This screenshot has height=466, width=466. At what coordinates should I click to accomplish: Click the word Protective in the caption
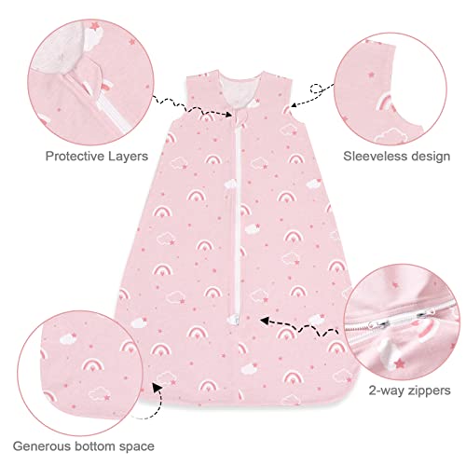75,156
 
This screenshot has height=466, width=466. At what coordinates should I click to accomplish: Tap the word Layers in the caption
128,157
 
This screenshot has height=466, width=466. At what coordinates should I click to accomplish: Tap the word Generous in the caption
42,446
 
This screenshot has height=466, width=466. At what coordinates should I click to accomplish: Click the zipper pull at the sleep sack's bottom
234,319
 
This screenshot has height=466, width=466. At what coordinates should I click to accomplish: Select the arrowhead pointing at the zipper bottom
265,321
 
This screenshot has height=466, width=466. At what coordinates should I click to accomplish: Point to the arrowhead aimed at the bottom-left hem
158,388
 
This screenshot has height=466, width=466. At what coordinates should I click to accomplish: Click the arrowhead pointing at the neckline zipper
227,114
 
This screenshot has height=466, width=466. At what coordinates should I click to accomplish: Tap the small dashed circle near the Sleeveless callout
316,89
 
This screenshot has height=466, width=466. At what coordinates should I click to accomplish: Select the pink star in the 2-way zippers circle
399,363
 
